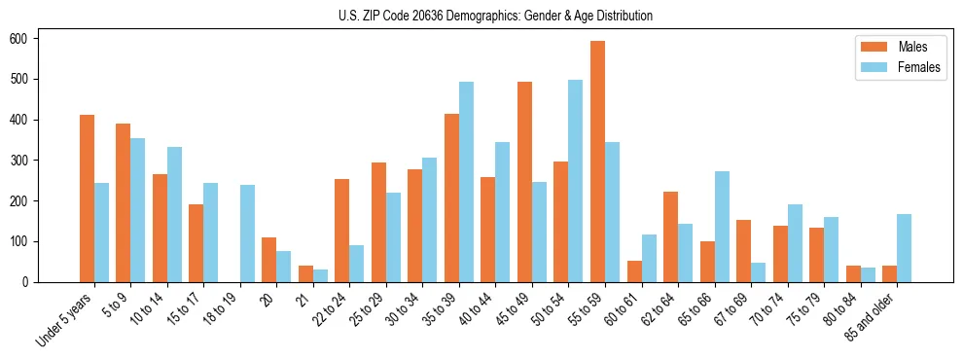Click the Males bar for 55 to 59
[x=597, y=162]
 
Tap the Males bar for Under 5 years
[x=87, y=198]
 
